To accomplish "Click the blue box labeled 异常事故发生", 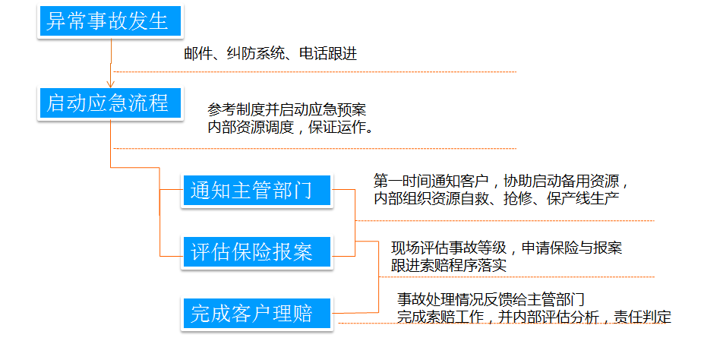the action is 111,21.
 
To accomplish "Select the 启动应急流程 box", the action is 111,104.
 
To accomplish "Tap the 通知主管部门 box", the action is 257,191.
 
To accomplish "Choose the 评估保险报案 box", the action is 257,252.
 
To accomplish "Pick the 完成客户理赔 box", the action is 257,314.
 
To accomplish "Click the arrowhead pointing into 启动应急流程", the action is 111,84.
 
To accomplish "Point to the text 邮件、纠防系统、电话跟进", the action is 270,54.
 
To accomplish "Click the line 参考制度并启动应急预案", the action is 287,109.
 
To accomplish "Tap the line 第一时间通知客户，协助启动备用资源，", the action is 501,180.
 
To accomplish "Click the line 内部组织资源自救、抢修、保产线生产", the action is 496,199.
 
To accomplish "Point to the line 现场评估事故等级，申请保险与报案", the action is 507,248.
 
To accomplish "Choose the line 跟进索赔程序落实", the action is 449,266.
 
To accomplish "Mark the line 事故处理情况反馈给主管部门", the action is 491,299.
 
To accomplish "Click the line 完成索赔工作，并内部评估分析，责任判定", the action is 534,317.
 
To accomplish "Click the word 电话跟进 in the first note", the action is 328,54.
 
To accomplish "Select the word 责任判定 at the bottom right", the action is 642,317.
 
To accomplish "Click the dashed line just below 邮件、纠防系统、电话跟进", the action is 315,72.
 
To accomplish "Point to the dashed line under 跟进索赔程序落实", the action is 516,277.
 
